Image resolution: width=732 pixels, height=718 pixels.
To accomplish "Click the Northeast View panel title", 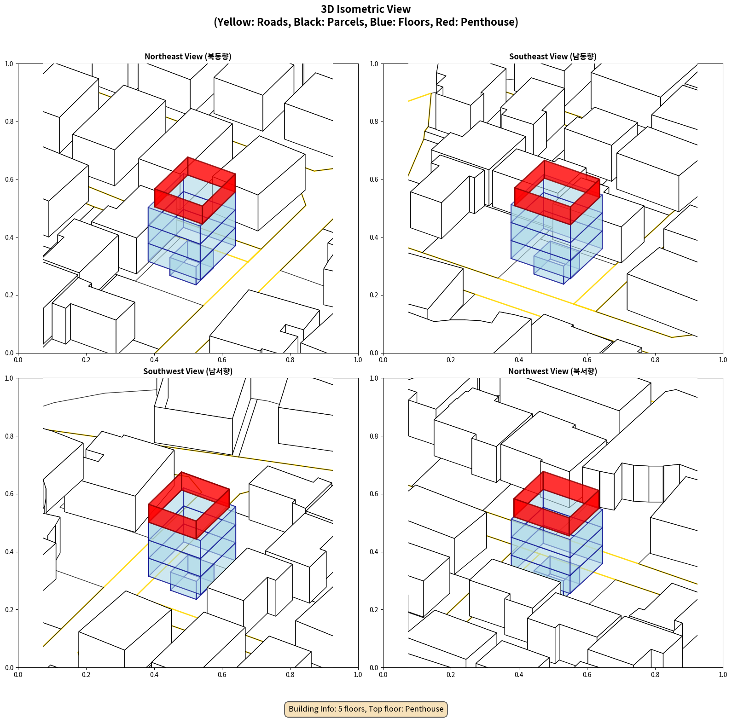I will click(x=188, y=57).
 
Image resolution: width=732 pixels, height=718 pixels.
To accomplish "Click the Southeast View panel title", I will click(x=552, y=57).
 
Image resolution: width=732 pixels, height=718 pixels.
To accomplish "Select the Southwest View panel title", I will click(x=188, y=371).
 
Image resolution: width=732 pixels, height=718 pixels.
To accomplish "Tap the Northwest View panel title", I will click(x=552, y=371).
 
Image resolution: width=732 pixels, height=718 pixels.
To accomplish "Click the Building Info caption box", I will click(x=366, y=709).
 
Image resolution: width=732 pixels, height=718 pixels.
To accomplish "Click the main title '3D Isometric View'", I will click(x=366, y=9).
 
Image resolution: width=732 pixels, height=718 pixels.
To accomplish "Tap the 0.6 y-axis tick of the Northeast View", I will click(x=9, y=179).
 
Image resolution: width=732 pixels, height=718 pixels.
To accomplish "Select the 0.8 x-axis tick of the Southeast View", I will click(x=655, y=360).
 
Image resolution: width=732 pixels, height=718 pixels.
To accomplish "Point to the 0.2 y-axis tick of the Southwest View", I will click(x=9, y=610).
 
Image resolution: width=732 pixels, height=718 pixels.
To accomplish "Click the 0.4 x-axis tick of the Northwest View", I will click(x=519, y=675).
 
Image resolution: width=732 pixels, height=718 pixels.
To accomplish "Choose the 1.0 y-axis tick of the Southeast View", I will click(x=374, y=64).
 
